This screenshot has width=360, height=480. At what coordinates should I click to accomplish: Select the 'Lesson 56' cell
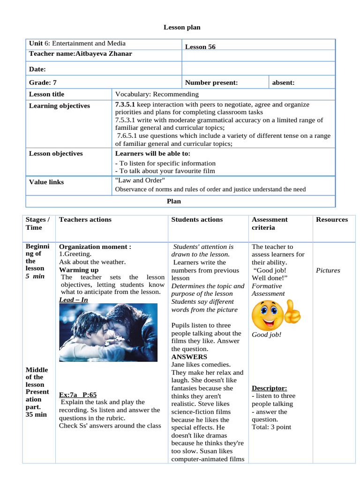point(200,47)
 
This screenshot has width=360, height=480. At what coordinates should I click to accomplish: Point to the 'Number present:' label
point(211,82)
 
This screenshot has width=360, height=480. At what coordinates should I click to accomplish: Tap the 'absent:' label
point(283,82)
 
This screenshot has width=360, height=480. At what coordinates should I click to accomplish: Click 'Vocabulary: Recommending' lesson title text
point(157,94)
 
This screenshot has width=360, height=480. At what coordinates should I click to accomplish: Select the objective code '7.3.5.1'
point(125,105)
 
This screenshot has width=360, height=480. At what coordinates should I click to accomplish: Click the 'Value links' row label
point(46,182)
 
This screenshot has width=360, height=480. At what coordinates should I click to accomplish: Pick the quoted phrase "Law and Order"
point(140,180)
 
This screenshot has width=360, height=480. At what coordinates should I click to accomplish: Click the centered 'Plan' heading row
point(174,201)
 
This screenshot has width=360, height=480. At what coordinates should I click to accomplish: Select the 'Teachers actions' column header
point(85,219)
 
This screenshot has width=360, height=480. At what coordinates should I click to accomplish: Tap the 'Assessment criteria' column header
point(270,224)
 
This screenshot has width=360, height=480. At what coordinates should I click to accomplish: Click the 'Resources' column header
point(332,219)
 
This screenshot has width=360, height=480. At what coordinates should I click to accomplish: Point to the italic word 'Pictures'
point(328,270)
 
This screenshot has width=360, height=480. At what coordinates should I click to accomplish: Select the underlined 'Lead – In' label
point(74,300)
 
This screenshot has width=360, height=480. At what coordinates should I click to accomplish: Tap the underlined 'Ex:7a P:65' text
point(78,395)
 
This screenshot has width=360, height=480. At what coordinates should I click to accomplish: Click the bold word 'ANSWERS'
point(189,357)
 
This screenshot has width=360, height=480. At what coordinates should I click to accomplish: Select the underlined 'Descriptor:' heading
point(270,388)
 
